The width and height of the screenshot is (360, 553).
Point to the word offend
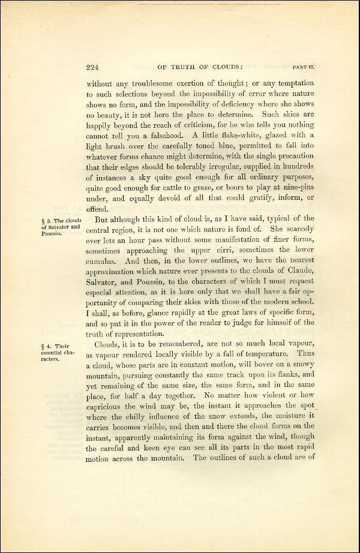(x=98, y=209)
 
